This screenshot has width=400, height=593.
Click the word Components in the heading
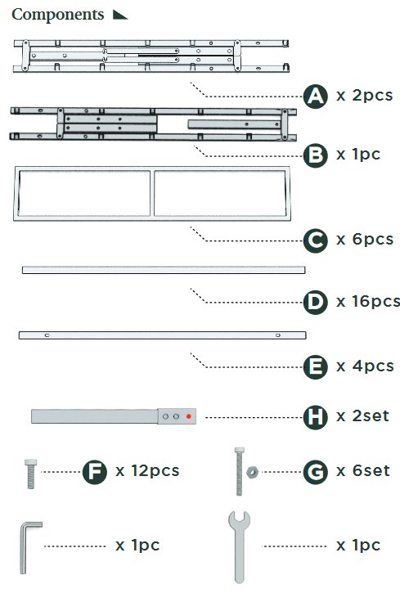coord(58,15)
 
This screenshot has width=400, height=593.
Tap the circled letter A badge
coord(315,96)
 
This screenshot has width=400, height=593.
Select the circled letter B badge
coord(315,155)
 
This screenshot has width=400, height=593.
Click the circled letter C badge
coord(315,240)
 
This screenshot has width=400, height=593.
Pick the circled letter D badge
coord(315,302)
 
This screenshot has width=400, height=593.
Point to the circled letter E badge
coord(315,367)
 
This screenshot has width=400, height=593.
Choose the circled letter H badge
coord(315,417)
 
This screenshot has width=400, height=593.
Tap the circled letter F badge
coord(95,472)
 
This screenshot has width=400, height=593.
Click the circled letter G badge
coord(315,472)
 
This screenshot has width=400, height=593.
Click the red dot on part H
coord(189,416)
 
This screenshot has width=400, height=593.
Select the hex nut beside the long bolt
coord(252,472)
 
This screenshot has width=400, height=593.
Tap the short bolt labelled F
coord(30,474)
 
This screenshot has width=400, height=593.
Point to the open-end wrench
coord(239,548)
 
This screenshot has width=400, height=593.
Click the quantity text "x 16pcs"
coord(368,302)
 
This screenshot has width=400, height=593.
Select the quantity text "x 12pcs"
coord(147,471)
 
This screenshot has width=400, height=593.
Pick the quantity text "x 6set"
coord(363,471)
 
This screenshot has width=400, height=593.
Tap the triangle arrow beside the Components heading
coord(120,15)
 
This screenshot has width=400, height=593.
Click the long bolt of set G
coord(240,471)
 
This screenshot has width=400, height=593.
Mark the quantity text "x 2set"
coord(362,416)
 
